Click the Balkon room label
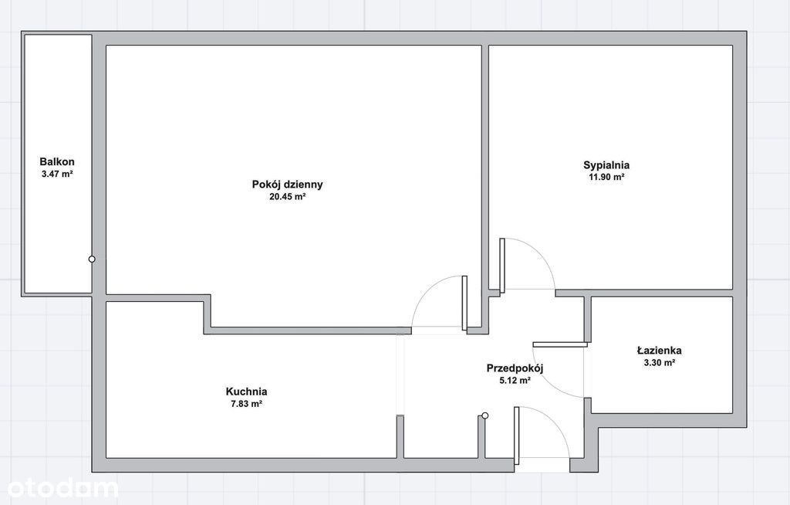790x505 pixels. [57, 162]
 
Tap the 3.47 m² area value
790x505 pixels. [57, 174]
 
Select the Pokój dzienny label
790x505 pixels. [287, 185]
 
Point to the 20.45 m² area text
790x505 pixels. [287, 197]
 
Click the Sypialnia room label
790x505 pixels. [606, 165]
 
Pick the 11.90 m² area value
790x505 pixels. [606, 177]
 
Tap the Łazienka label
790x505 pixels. [660, 350]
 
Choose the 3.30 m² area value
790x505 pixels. [660, 362]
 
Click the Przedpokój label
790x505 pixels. [515, 368]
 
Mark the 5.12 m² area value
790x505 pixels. [515, 381]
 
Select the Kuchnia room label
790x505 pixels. [246, 391]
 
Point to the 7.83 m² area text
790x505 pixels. [246, 404]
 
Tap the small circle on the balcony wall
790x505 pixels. [92, 259]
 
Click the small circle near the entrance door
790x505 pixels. [484, 415]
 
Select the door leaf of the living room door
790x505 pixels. [464, 303]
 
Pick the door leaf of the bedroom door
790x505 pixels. [502, 266]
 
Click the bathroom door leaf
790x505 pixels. [560, 345]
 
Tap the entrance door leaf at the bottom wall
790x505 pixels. [516, 436]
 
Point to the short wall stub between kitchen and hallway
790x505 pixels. [400, 436]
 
